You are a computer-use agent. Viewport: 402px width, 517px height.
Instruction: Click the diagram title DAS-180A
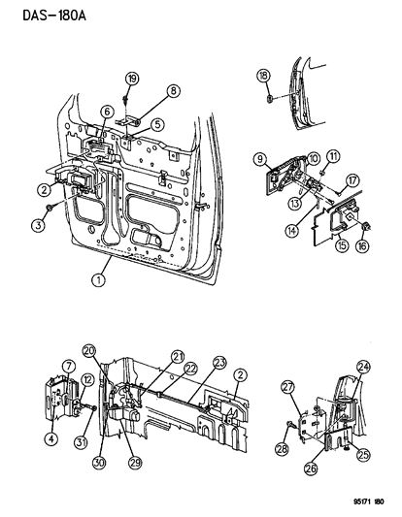pos(54,16)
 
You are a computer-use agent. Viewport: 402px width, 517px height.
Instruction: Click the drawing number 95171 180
pos(364,501)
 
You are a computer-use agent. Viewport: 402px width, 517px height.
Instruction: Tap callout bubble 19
pos(132,79)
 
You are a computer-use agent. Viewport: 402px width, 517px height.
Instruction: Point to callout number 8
pos(174,91)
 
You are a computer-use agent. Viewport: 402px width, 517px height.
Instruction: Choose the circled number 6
pos(107,112)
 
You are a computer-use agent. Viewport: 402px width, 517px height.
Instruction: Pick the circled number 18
pos(263,76)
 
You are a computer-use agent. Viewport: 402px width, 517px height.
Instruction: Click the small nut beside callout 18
pos(270,98)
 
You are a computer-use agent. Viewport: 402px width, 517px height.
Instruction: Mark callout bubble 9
pos(260,160)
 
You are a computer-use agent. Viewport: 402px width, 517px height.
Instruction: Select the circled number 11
pos(333,156)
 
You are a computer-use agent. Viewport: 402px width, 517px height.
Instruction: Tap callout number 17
pos(352,180)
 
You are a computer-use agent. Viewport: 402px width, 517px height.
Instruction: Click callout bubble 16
pos(362,246)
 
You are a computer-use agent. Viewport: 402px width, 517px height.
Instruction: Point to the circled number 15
pos(342,245)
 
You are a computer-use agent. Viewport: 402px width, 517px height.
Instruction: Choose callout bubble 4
pos(51,438)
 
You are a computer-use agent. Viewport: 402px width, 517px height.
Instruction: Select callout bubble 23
pos(219,363)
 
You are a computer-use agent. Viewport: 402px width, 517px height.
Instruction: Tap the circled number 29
pos(135,462)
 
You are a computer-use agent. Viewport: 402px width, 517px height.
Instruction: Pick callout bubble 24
pos(363,367)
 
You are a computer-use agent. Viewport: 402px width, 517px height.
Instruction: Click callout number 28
pos(283,449)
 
